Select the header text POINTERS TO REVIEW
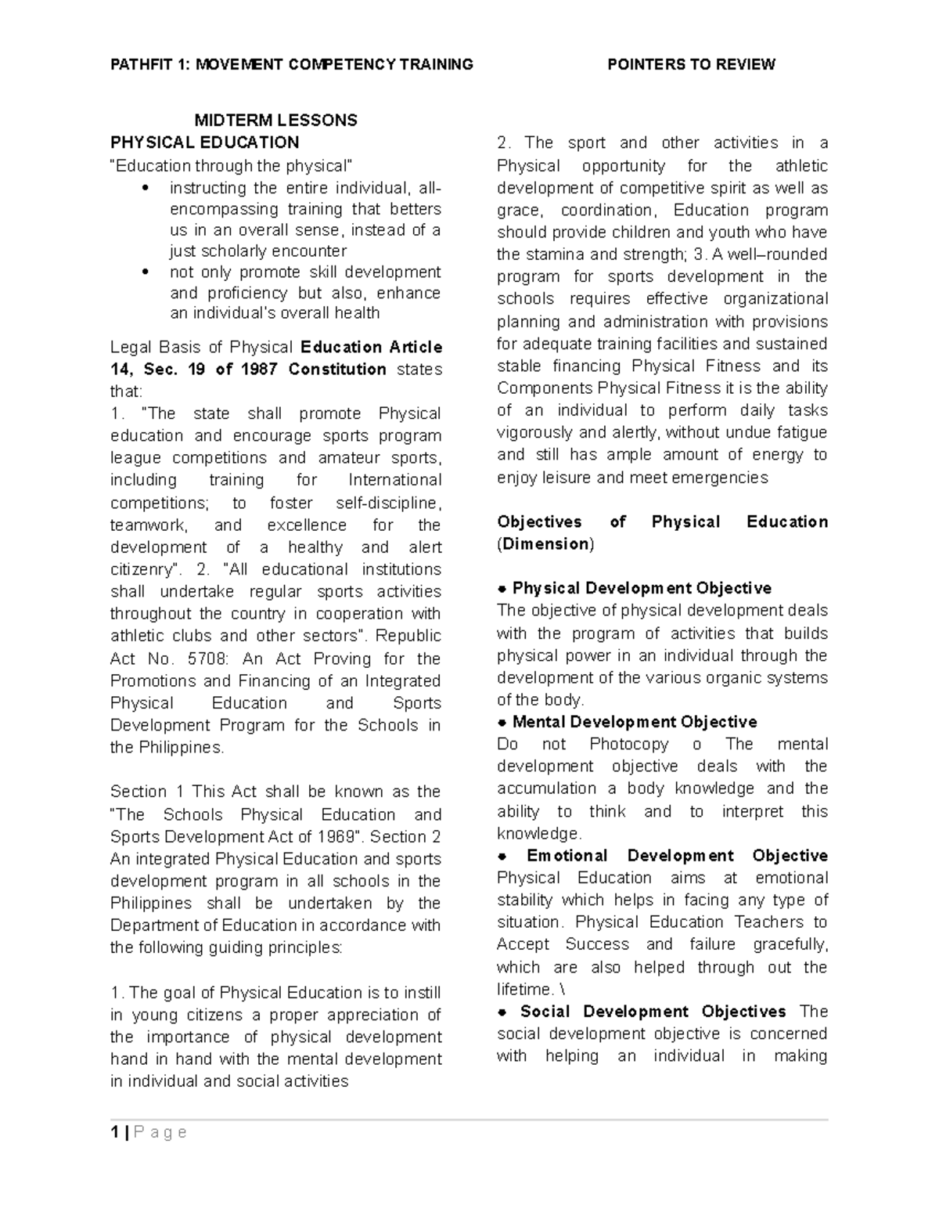pos(691,64)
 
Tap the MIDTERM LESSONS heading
pos(275,120)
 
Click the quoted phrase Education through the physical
pos(232,165)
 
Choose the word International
pos(394,480)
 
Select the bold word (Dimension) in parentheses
pos(545,544)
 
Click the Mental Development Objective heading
pos(634,722)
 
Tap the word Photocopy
pos(629,744)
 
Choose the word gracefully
pos(790,944)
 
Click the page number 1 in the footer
pos(114,1132)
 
